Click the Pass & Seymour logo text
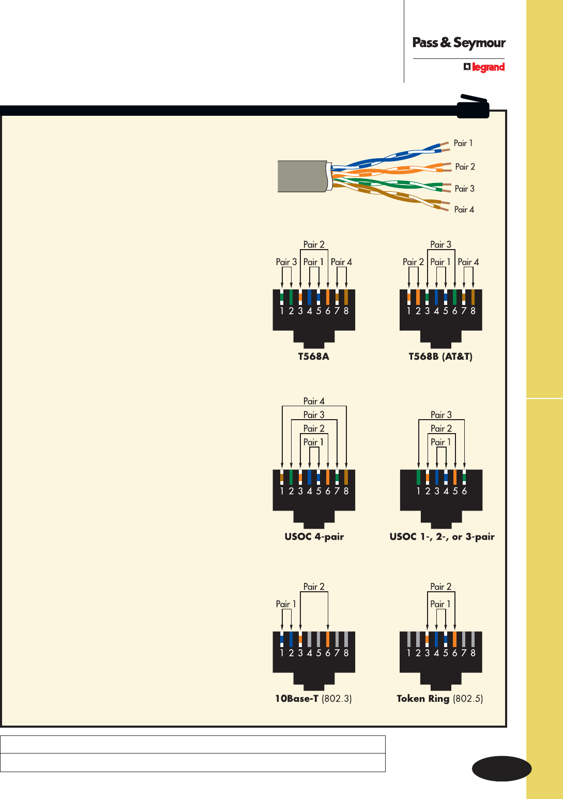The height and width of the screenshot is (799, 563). pos(459,43)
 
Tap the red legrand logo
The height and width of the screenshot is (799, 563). pos(484,67)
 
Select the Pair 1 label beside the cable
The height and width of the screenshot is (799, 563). pos(463,143)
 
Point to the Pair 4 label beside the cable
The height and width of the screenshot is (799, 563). pos(464,209)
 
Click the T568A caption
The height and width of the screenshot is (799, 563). pos(313,357)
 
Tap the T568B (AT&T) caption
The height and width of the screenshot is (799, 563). pos(440,357)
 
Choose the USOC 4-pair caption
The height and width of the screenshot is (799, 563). pos(314,536)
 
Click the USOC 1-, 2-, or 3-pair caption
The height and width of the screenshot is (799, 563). pos(442,536)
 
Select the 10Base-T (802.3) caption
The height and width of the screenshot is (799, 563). pos(313,699)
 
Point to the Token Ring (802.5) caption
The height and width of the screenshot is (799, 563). pos(440,699)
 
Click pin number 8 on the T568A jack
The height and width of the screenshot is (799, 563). pos(346,311)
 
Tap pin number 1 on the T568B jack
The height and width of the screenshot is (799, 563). pos(409,311)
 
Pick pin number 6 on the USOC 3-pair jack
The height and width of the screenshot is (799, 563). pos(464,491)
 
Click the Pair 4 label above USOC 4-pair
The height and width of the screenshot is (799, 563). pos(314,401)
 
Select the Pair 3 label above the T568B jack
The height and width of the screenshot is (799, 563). pos(440,244)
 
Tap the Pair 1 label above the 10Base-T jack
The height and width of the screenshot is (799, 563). pos(286,604)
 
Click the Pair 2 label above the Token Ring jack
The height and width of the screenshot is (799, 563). pos(440,587)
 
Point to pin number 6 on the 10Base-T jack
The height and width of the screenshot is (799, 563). pos(328,653)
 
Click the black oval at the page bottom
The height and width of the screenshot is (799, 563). pos(501,769)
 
